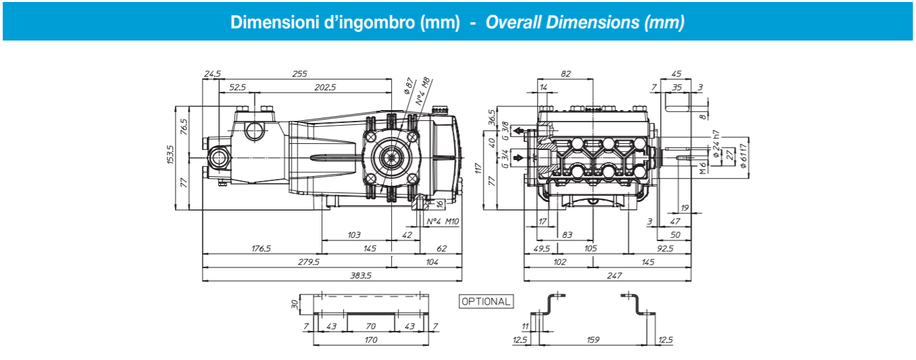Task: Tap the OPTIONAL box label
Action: tap(486, 301)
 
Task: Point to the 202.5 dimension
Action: tap(325, 87)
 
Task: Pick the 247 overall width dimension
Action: tap(613, 276)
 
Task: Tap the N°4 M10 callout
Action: tap(443, 222)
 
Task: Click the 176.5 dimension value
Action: tap(261, 249)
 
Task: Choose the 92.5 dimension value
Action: tap(665, 249)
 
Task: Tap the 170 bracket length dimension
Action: tap(371, 340)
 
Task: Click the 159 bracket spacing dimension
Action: tap(592, 340)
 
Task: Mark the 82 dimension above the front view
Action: tap(565, 74)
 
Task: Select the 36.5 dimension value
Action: tap(492, 115)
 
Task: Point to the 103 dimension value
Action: tap(354, 235)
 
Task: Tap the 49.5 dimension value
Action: tap(541, 249)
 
